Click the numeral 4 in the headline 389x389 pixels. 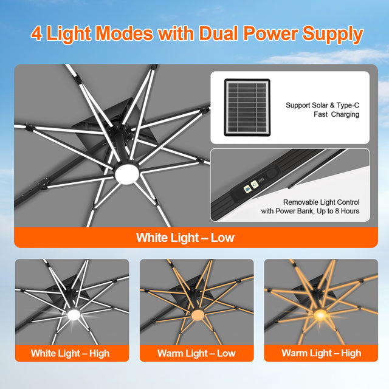pyautogui.click(x=38, y=33)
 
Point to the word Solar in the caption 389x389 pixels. pyautogui.click(x=321, y=105)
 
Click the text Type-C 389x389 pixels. pyautogui.click(x=346, y=105)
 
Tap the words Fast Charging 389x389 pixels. pyautogui.click(x=336, y=114)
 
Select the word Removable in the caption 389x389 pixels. pyautogui.click(x=301, y=202)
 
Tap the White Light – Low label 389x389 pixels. pyautogui.click(x=185, y=237)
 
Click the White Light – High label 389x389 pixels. pyautogui.click(x=71, y=353)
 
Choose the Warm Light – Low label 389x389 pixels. pyautogui.click(x=196, y=353)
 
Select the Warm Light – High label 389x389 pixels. pyautogui.click(x=321, y=353)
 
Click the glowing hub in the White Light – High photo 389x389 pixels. pyautogui.click(x=74, y=315)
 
